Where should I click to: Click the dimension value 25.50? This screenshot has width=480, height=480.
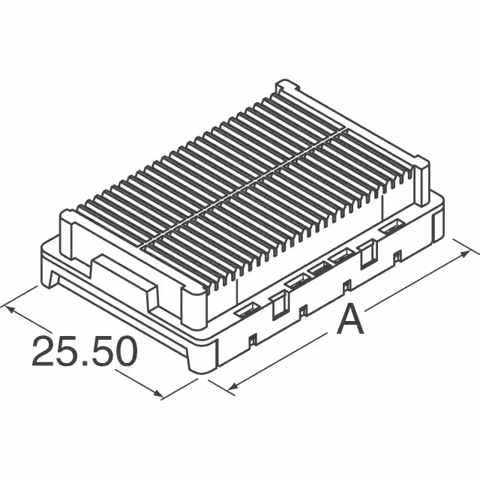tap(85, 350)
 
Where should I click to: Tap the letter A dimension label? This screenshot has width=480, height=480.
tap(349, 322)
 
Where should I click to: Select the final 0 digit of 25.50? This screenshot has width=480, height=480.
tap(124, 351)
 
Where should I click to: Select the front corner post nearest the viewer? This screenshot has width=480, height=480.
tap(193, 300)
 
